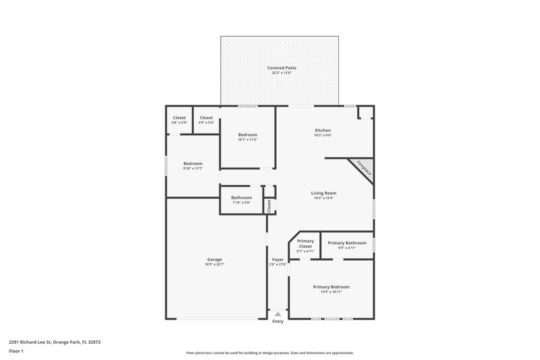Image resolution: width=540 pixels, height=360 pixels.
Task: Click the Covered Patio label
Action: tap(281, 68)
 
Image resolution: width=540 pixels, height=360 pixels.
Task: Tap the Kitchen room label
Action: tap(323, 130)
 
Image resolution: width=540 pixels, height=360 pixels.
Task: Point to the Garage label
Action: tap(215, 259)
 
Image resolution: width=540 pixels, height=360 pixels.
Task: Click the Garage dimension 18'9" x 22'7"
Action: tap(215, 265)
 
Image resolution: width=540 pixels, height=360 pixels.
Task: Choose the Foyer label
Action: tap(277, 259)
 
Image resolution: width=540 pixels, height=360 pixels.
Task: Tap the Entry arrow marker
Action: tap(277, 314)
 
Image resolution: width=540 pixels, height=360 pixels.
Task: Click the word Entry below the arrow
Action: tap(277, 322)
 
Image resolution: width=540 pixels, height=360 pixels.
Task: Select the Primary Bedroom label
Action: tap(331, 286)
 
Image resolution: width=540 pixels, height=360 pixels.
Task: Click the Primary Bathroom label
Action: tap(347, 242)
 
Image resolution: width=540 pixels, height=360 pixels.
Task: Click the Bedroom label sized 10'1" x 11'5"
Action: tap(247, 134)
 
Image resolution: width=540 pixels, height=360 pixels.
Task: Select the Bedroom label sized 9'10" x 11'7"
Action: tap(193, 163)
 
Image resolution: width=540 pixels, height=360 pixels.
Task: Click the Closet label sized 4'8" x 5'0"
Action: tap(180, 118)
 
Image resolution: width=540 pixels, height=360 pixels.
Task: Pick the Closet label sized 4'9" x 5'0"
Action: tap(206, 118)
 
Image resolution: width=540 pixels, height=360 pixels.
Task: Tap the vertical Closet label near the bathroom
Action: tap(269, 206)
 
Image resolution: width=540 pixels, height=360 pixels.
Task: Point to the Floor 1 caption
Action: tap(16, 352)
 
